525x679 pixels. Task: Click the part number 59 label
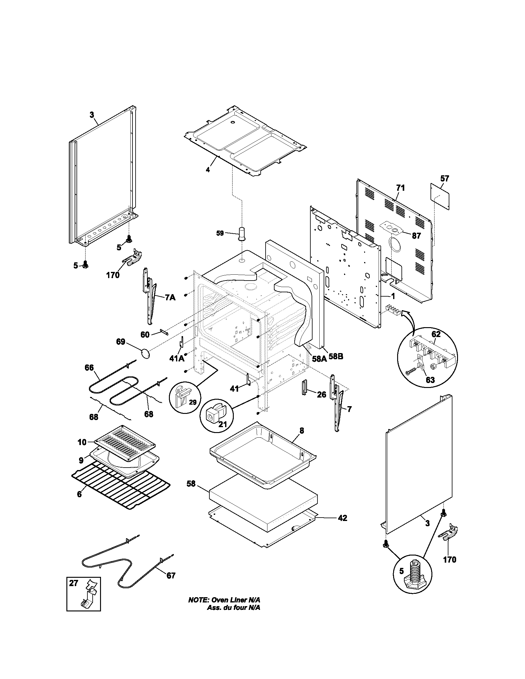220,233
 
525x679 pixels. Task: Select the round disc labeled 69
145,354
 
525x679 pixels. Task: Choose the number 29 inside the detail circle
192,402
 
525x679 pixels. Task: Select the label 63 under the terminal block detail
430,380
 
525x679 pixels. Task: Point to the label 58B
336,356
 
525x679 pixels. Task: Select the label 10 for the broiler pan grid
82,442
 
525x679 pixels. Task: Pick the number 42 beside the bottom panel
342,518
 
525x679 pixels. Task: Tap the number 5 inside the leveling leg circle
401,571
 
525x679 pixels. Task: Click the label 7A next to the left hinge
170,298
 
